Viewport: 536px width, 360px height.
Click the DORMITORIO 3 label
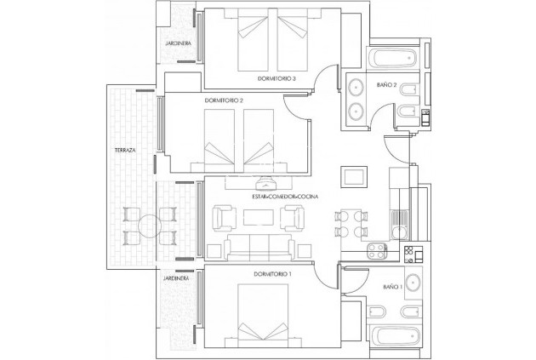point(277,79)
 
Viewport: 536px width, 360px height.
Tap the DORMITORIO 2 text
point(225,100)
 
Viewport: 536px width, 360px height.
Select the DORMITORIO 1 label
point(273,273)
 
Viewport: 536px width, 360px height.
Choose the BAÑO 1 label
point(392,286)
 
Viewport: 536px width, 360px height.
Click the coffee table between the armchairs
point(259,217)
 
